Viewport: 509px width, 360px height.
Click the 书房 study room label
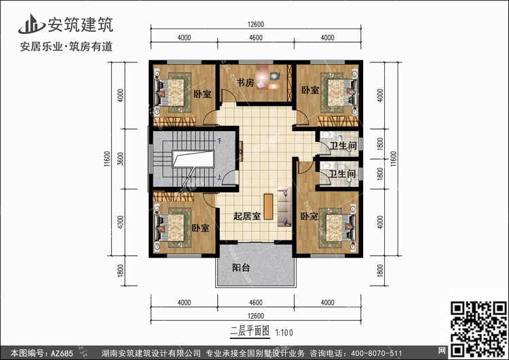(246, 82)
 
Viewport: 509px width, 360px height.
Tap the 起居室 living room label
(247, 216)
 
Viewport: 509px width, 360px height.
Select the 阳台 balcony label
(241, 268)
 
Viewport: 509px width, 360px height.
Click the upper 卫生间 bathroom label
(343, 145)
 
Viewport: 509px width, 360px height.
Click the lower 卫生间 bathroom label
(342, 174)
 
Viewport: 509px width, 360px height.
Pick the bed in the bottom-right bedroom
(337, 228)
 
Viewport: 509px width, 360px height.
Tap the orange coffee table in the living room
(268, 206)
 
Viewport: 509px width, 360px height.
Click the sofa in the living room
(284, 206)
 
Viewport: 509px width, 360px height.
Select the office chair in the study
(275, 76)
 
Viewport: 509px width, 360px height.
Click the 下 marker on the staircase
(220, 141)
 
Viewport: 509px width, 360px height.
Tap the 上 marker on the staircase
(220, 177)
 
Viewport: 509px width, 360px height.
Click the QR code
(478, 329)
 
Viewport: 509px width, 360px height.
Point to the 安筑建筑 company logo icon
(31, 24)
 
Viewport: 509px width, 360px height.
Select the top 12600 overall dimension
(256, 24)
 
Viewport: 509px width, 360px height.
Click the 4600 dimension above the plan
(256, 37)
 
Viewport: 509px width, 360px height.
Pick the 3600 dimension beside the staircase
(121, 159)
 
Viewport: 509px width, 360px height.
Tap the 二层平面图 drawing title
(250, 331)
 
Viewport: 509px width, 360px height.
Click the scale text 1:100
(284, 333)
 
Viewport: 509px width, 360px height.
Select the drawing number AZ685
(62, 353)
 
